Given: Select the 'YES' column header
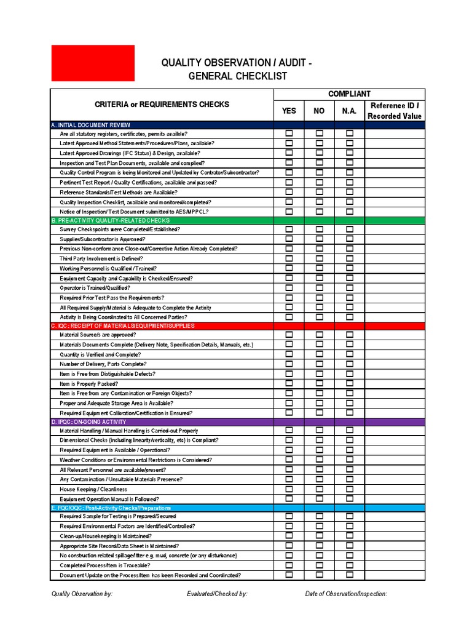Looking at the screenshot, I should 289,111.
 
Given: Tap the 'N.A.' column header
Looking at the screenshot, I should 350,111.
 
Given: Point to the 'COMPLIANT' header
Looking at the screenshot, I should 349,94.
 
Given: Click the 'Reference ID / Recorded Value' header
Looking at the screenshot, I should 395,111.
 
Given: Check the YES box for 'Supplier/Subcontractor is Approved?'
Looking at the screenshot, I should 289,239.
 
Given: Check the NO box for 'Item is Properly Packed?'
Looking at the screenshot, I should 320,383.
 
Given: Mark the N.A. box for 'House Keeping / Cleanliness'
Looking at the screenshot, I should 350,489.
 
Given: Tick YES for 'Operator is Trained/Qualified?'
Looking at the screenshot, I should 289,287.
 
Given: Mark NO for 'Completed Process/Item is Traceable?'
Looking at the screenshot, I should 320,565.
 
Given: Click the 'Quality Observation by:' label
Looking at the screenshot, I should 82,594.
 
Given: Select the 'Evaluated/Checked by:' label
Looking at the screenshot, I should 217,594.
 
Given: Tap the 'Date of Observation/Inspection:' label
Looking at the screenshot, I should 346,594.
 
